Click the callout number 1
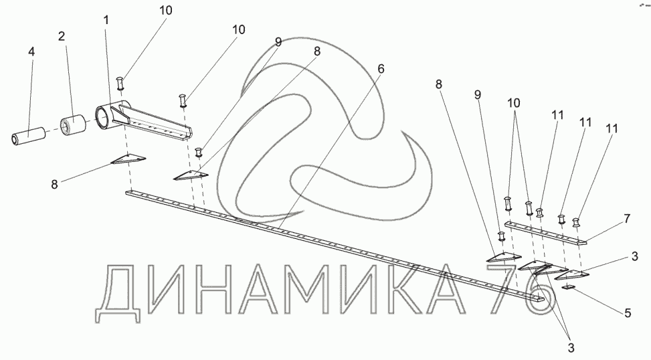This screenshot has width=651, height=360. pos(106,21)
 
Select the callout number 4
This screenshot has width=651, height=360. pos(31,52)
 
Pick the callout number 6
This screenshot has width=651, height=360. pos(381,69)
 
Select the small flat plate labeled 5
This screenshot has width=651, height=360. pos(569,287)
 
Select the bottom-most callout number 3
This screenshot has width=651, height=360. pos(569,347)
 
